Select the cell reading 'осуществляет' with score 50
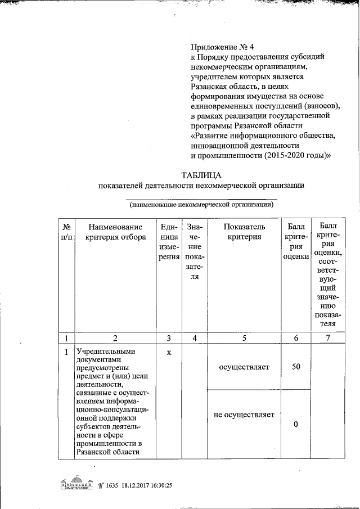pos(244,367)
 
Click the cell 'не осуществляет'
pos(244,415)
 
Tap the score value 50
pos(296,367)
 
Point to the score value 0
pos(296,425)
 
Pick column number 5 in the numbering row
pos(244,338)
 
